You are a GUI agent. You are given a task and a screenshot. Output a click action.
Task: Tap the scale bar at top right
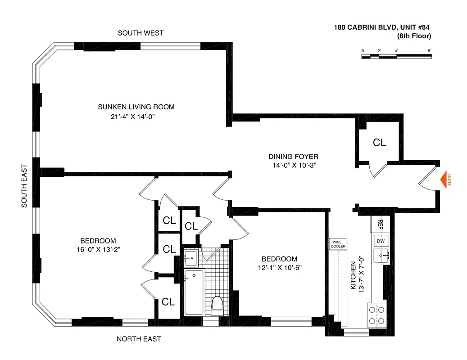tap(396, 56)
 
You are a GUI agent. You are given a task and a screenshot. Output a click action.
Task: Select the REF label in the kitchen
tap(380, 224)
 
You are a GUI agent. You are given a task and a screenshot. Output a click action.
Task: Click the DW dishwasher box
tap(380, 241)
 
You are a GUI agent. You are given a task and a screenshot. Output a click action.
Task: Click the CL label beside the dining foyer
tap(379, 143)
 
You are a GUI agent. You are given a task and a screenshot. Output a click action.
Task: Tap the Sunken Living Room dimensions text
tap(129, 117)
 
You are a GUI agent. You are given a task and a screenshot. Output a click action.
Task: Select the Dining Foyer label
tap(293, 157)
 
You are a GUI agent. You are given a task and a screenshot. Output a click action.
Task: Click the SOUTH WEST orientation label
tap(141, 33)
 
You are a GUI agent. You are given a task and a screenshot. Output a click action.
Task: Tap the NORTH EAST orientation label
tap(139, 339)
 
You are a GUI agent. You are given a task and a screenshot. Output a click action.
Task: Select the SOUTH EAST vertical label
tap(24, 185)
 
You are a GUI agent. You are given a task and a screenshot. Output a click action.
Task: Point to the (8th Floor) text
tap(414, 36)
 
